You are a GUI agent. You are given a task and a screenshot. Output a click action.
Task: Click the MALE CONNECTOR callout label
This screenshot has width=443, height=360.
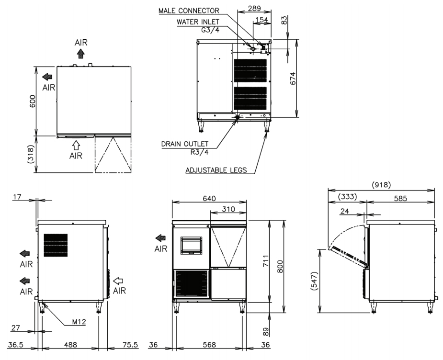(189, 11)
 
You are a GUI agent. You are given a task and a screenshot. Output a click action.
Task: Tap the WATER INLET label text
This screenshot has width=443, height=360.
(198, 22)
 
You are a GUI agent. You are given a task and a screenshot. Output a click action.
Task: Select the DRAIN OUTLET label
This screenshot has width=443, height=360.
(185, 144)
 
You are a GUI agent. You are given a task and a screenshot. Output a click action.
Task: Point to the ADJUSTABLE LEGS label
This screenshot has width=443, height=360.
(216, 170)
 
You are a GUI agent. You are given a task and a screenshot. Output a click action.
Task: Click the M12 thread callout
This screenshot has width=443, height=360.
(79, 322)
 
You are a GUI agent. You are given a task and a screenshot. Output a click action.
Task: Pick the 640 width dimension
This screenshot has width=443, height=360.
(209, 199)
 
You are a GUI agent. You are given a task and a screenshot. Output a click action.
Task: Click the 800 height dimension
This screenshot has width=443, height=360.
(280, 266)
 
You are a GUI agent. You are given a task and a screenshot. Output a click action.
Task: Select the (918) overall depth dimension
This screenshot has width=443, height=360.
(381, 185)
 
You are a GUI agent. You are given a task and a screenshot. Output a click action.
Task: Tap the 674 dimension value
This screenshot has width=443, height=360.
(293, 79)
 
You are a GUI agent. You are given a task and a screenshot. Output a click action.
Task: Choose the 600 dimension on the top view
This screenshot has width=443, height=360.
(33, 101)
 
